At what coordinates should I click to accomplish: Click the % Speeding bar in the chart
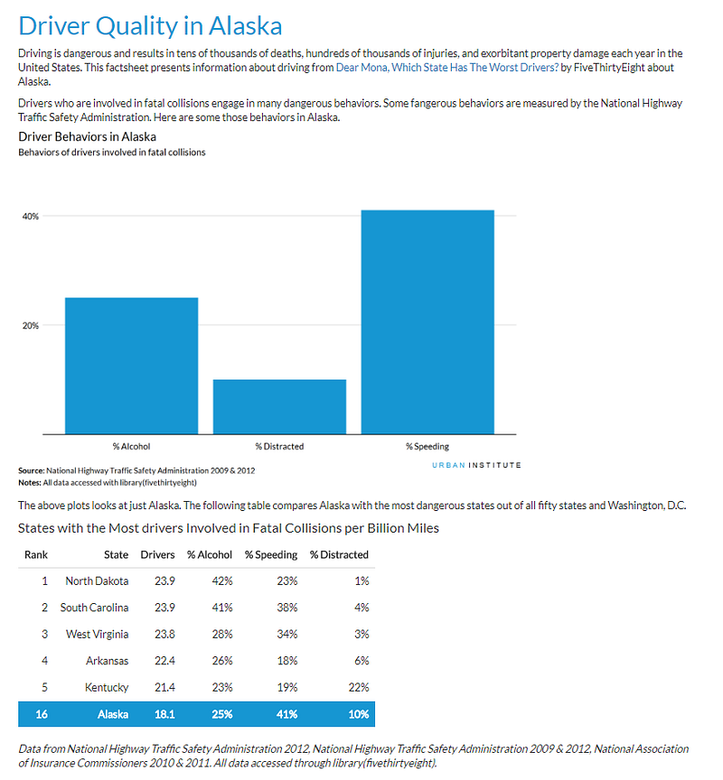427,322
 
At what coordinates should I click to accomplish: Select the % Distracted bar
279,407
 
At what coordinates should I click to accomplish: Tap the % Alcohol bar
131,366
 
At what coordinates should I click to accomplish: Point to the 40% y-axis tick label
31,217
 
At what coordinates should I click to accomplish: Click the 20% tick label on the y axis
31,325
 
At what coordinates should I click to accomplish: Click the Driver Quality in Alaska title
150,26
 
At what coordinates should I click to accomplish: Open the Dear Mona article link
447,67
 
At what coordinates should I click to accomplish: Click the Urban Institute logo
476,465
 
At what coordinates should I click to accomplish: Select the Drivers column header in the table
157,554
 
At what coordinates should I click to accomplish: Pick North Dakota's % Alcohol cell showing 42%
222,581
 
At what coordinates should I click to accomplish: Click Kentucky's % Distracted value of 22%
359,688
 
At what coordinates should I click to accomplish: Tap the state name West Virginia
97,635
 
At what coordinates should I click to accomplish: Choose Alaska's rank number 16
42,714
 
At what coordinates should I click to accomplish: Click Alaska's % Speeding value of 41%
286,714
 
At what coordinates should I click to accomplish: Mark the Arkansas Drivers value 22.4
164,661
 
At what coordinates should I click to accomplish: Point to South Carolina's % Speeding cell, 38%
287,608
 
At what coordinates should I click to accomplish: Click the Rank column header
36,554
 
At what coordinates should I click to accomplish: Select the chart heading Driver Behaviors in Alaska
87,137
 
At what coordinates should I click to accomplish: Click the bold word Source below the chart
31,470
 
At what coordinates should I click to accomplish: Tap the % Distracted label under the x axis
279,447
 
